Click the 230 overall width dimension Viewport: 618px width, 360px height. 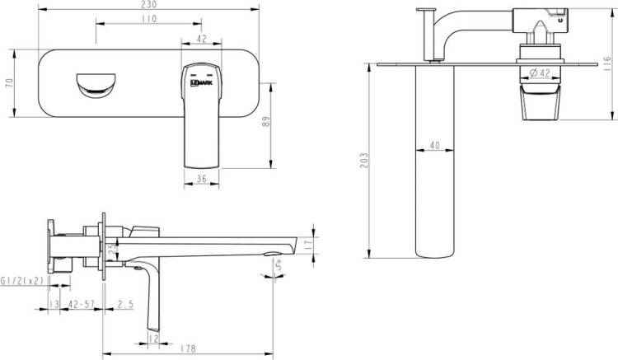click(148, 4)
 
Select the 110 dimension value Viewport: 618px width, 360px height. click(148, 19)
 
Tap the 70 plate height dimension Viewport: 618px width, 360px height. click(9, 83)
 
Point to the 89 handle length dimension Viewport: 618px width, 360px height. click(266, 121)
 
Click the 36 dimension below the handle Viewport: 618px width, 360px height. click(201, 180)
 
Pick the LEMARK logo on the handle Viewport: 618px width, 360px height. click(201, 82)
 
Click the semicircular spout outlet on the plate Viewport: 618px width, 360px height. click(96, 85)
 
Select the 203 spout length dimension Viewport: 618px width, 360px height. click(364, 161)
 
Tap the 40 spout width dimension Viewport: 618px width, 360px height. click(435, 145)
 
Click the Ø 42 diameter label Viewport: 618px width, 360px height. click(540, 72)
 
